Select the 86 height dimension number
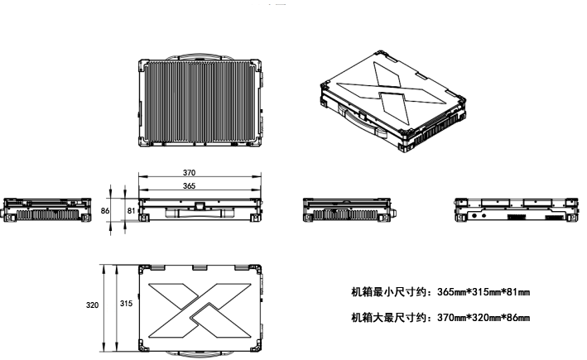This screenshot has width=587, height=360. click(105, 212)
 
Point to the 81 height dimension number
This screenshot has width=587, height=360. click(131, 212)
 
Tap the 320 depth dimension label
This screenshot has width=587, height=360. click(93, 305)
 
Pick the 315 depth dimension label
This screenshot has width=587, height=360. click(126, 305)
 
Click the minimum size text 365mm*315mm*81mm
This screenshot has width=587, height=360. click(440, 292)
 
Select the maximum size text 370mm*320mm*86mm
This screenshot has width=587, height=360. click(440, 318)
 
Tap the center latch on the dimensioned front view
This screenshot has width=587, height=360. click(199, 208)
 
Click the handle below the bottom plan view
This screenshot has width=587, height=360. click(200, 354)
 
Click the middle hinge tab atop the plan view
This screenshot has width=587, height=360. click(200, 267)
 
